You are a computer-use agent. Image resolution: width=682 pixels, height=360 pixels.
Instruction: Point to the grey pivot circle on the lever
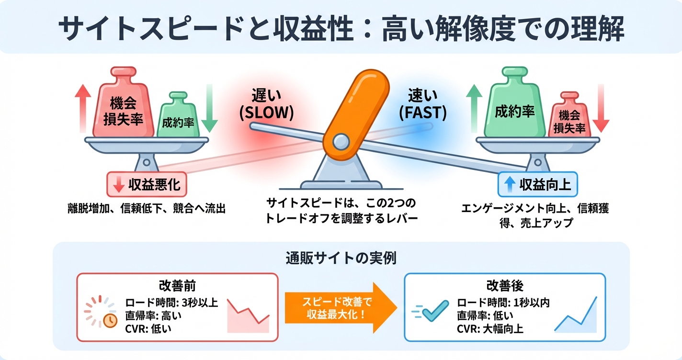point(341,141)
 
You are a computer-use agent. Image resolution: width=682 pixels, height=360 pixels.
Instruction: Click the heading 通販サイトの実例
point(341,259)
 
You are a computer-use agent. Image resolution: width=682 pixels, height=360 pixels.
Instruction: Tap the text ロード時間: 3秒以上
point(172,303)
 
